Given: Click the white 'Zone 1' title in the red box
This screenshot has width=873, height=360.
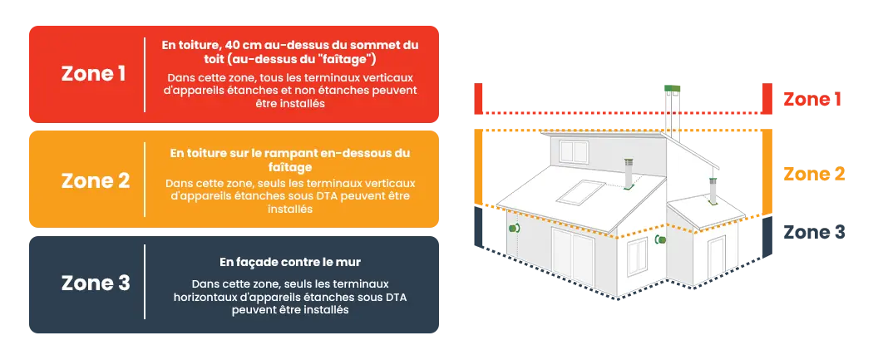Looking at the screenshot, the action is pos(93,74).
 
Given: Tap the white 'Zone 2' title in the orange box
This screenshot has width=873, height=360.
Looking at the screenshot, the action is pos(96,181).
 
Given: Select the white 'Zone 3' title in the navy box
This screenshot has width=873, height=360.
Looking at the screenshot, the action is pos(96,284).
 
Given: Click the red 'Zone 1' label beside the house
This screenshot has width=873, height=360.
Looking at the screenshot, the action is pos(812,99).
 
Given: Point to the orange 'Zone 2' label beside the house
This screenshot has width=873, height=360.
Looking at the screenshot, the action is pos(814,174).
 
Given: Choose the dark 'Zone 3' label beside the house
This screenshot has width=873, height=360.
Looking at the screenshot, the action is pos(814,232).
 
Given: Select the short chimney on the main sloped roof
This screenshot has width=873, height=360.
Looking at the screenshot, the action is pos(629,174).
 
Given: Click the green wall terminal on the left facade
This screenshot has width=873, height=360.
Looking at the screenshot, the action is pos(513,228).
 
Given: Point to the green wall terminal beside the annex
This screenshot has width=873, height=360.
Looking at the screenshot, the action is pos(660,239).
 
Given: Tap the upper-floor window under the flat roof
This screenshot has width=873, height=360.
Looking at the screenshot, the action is pos(574,151).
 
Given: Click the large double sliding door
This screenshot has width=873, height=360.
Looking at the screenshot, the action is pos(573,258).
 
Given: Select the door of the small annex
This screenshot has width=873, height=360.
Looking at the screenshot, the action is pos(717,257).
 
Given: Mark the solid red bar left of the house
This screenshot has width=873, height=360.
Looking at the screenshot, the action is pos(478,98).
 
